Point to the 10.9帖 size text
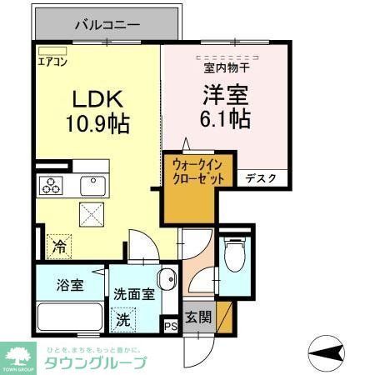tap(97, 125)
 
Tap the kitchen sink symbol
tap(92, 185)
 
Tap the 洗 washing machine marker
tap(123, 317)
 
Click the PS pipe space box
tap(171, 326)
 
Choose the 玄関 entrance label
tap(198, 317)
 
